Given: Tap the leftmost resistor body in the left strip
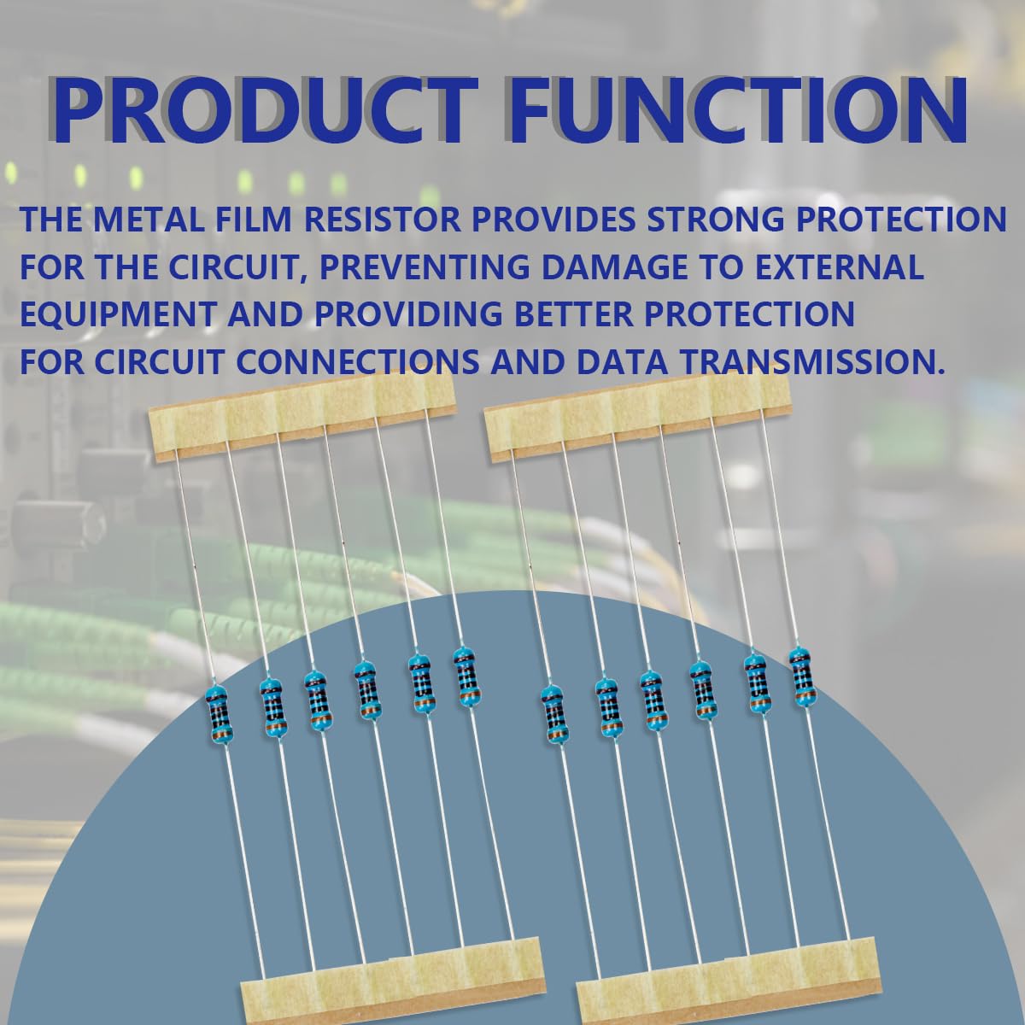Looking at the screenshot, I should (x=219, y=718).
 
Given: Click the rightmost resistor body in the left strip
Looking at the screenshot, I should (x=465, y=677).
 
